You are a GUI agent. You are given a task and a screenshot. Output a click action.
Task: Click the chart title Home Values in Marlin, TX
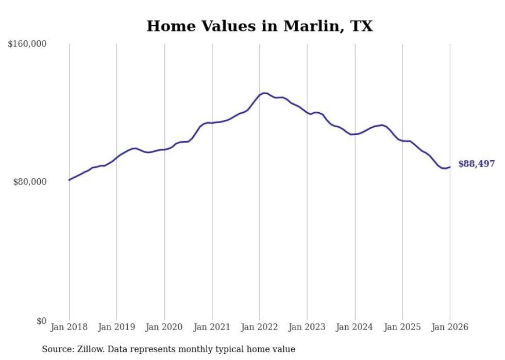pyautogui.click(x=259, y=26)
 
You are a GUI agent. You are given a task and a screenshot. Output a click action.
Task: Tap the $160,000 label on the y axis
pyautogui.click(x=27, y=44)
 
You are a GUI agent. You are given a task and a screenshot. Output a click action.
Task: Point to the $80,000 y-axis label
pyautogui.click(x=30, y=182)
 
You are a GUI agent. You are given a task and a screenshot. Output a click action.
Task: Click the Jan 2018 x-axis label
pyautogui.click(x=69, y=327)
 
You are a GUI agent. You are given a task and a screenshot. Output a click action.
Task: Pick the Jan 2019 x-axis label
pyautogui.click(x=116, y=327)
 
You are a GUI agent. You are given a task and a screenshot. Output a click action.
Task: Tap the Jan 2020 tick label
pyautogui.click(x=164, y=327)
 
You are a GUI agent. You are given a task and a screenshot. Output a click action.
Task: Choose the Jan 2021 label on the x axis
pyautogui.click(x=212, y=327)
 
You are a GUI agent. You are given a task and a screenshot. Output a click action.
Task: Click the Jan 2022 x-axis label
pyautogui.click(x=260, y=327)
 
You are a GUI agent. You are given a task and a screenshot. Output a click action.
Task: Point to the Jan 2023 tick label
pyautogui.click(x=307, y=327)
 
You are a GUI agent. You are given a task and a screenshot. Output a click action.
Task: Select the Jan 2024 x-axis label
pyautogui.click(x=355, y=327)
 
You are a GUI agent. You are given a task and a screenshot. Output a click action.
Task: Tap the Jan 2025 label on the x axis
pyautogui.click(x=402, y=327)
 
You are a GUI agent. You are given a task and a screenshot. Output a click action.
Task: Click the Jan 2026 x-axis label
pyautogui.click(x=450, y=327)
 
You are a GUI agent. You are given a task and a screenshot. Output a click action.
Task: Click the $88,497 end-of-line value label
pyautogui.click(x=476, y=164)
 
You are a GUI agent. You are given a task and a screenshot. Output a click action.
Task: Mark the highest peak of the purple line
pyautogui.click(x=264, y=93)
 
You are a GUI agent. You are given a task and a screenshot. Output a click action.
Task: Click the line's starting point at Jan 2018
pyautogui.click(x=69, y=180)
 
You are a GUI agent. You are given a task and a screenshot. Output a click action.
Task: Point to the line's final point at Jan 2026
pyautogui.click(x=450, y=166)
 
